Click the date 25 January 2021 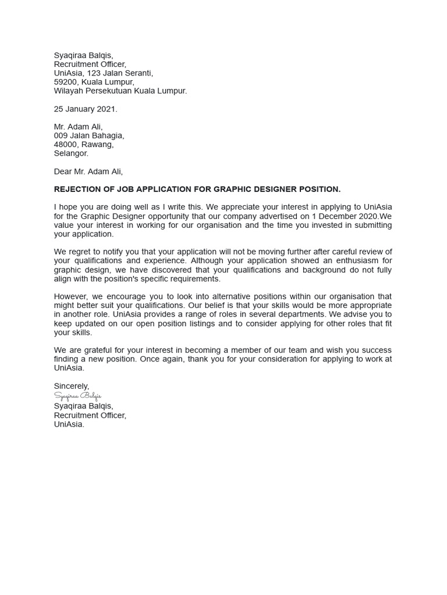[86, 109]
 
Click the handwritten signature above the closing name [77, 396]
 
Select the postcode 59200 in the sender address [65, 82]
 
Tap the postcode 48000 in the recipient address [65, 145]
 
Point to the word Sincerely [71, 386]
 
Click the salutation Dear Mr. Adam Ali [88, 171]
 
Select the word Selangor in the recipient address [71, 153]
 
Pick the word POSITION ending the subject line [319, 189]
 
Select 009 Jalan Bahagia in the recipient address [89, 135]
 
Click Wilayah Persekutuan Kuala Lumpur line [120, 91]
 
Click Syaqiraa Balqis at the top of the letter [83, 55]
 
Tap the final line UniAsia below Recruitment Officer [69, 424]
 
